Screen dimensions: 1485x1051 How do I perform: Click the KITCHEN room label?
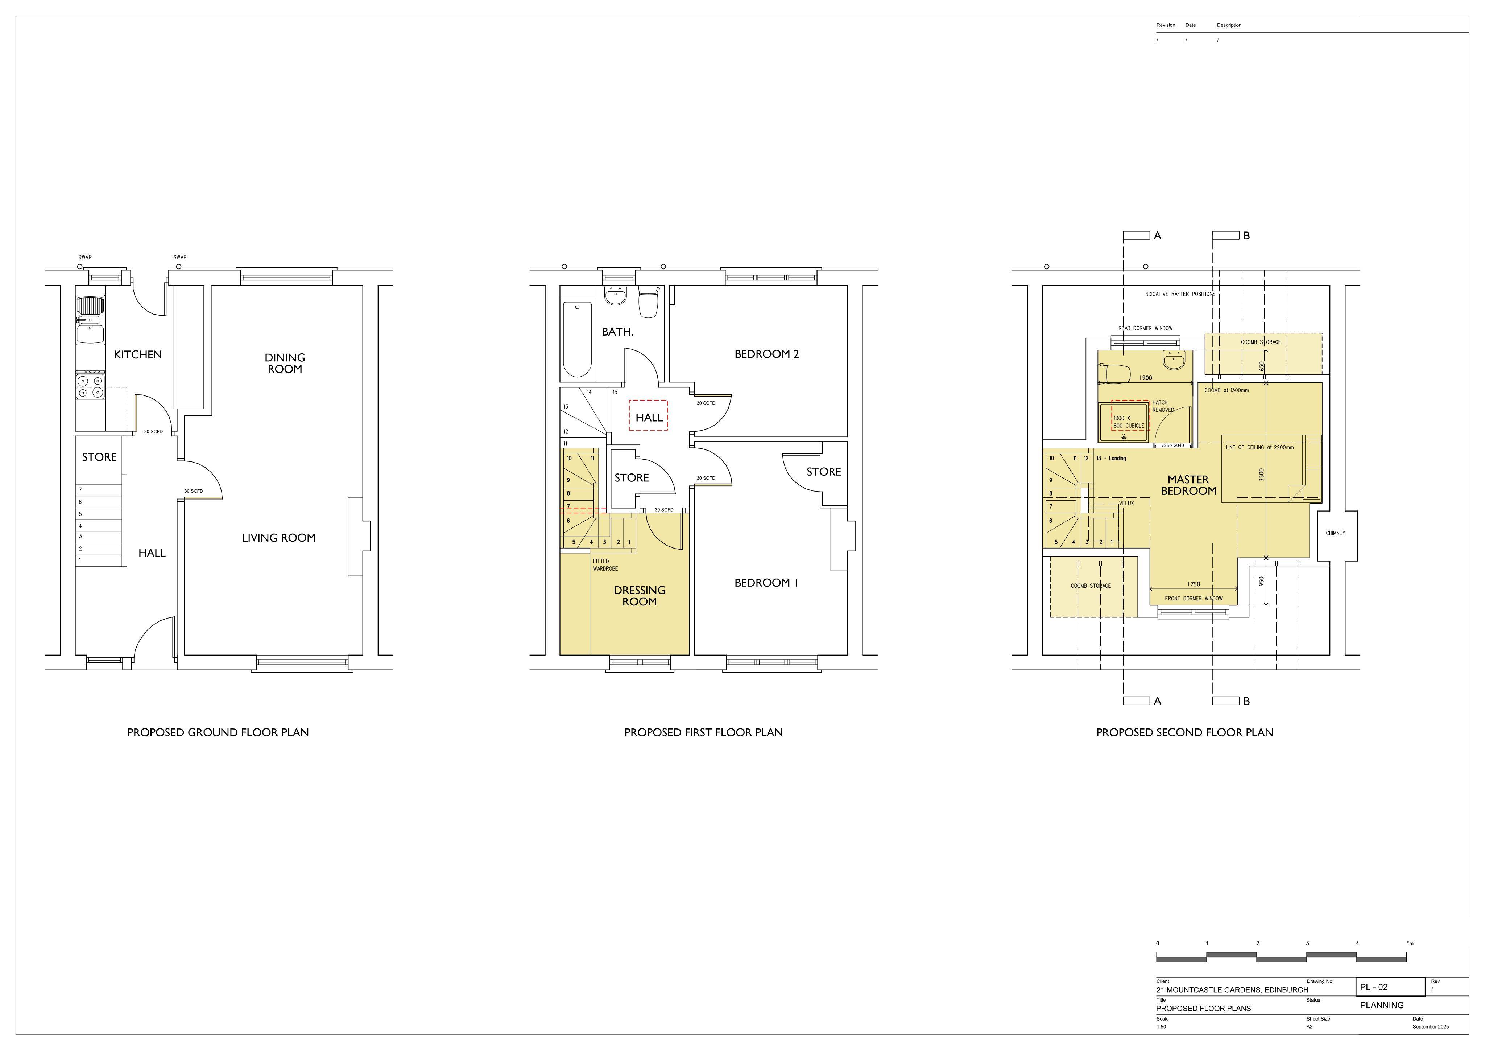pos(138,355)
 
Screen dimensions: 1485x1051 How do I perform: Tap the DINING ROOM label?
pos(285,363)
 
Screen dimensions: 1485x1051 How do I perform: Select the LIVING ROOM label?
pos(279,538)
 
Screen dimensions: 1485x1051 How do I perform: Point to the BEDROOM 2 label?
pos(766,354)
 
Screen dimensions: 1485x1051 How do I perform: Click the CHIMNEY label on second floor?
pos(1336,533)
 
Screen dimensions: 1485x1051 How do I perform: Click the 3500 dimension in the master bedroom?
pos(1261,475)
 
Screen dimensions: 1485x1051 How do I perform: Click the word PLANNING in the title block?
pos(1382,1005)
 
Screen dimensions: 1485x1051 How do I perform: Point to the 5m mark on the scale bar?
pos(1410,944)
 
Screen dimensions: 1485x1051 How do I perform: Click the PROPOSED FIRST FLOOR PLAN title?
pos(704,732)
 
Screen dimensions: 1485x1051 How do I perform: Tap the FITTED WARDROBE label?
pos(605,565)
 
